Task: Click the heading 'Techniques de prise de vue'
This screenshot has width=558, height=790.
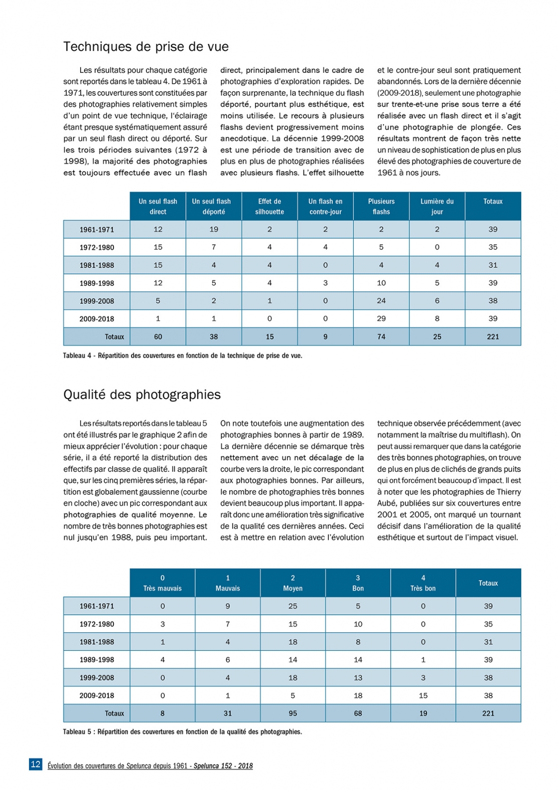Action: [x=145, y=47]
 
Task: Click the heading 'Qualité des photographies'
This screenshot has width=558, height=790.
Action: [x=141, y=395]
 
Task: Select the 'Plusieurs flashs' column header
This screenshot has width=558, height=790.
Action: [x=381, y=206]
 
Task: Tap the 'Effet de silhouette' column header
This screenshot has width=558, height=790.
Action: [x=270, y=206]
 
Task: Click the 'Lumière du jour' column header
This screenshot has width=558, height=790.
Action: [x=437, y=206]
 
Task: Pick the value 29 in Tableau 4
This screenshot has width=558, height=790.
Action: [x=381, y=319]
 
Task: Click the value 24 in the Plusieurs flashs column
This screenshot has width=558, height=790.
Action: [x=381, y=301]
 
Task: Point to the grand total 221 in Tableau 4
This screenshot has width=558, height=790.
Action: [x=493, y=337]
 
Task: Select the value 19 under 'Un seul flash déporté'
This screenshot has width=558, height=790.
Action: [x=214, y=229]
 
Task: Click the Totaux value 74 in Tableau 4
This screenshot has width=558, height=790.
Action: [x=381, y=337]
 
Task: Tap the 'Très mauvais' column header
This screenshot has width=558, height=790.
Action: [x=162, y=583]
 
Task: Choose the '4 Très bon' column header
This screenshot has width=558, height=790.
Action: [x=423, y=583]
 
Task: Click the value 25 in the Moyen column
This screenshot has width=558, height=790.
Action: [x=292, y=606]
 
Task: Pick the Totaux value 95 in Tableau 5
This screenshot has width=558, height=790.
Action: [x=292, y=713]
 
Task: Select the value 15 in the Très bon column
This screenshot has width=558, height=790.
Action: [x=423, y=695]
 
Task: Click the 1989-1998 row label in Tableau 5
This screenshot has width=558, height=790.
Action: [x=97, y=660]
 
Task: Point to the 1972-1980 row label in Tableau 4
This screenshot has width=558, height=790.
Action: [x=97, y=247]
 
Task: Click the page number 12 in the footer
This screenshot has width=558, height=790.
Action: [x=35, y=764]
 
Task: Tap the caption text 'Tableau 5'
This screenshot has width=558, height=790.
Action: [x=77, y=732]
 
